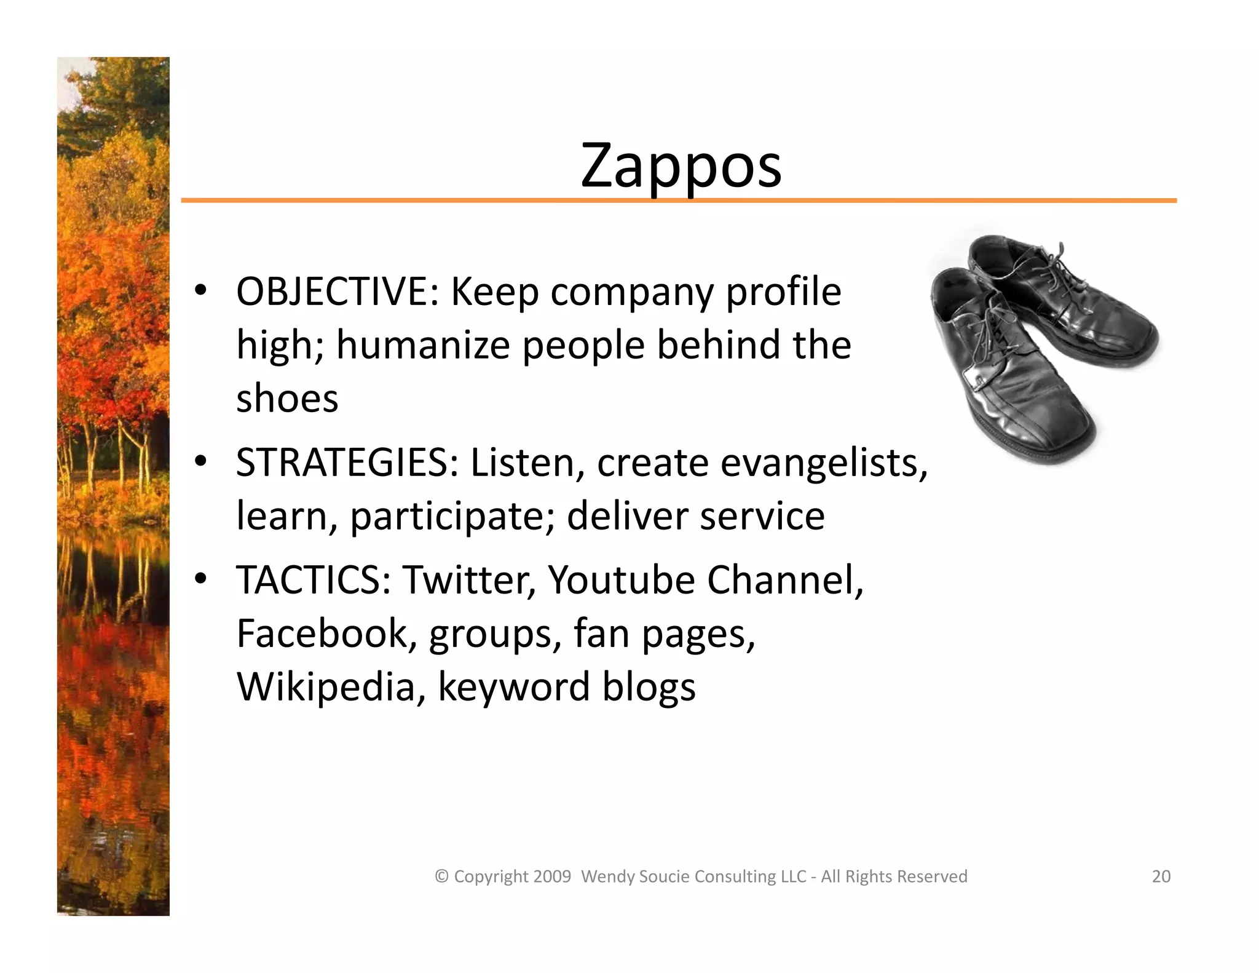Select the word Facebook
pyautogui.click(x=322, y=633)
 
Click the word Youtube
pyautogui.click(x=621, y=580)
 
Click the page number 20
pyautogui.click(x=1161, y=876)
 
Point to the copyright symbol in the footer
pyautogui.click(x=441, y=876)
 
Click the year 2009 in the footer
pyautogui.click(x=552, y=876)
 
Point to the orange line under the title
pyautogui.click(x=676, y=201)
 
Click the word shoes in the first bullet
pyautogui.click(x=287, y=399)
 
